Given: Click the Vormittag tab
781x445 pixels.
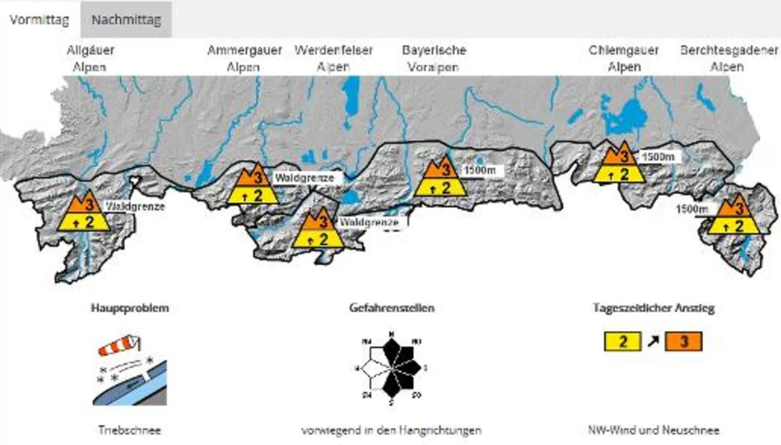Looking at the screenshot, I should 39,19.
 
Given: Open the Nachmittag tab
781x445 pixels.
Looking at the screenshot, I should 126,19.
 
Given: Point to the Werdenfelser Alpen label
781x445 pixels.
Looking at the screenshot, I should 333,59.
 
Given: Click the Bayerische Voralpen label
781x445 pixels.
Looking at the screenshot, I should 433,59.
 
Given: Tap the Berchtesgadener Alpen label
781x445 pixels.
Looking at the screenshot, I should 728,59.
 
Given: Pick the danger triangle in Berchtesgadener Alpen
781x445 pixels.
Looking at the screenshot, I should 734,215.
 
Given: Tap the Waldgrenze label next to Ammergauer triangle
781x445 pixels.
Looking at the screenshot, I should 304,178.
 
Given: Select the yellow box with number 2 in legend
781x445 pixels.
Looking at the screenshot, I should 623,341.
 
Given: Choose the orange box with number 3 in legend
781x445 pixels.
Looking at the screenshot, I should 683,341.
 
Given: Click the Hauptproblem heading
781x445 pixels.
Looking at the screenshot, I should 129,308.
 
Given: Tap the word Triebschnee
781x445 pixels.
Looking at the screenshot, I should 129,430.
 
